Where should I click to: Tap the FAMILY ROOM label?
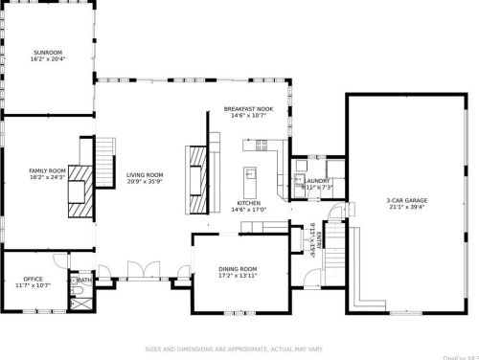point(46,171)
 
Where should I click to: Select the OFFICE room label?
point(34,279)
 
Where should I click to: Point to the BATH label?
point(85,281)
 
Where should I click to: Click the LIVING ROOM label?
point(145,175)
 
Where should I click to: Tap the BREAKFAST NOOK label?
point(248,109)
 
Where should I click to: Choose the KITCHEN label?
point(251,204)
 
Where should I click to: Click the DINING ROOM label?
point(239,269)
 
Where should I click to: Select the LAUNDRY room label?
point(318,180)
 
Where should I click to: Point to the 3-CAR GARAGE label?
point(407,201)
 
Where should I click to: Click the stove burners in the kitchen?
point(261,146)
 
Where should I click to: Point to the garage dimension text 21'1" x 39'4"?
point(407,209)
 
